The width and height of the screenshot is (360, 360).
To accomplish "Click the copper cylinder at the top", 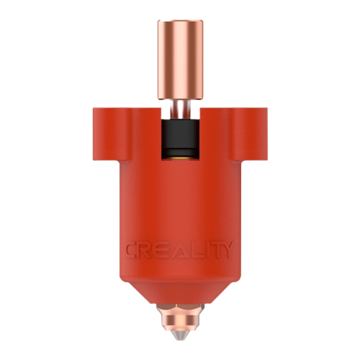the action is click(181, 60).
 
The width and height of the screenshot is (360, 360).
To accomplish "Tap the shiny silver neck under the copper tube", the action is click(181, 109).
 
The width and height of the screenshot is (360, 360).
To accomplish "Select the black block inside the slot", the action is click(181, 138).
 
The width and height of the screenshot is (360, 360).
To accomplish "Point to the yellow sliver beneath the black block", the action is click(181, 158).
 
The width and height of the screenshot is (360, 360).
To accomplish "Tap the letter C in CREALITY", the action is click(133, 250).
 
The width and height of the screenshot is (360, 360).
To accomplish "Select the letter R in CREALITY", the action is click(148, 250).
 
